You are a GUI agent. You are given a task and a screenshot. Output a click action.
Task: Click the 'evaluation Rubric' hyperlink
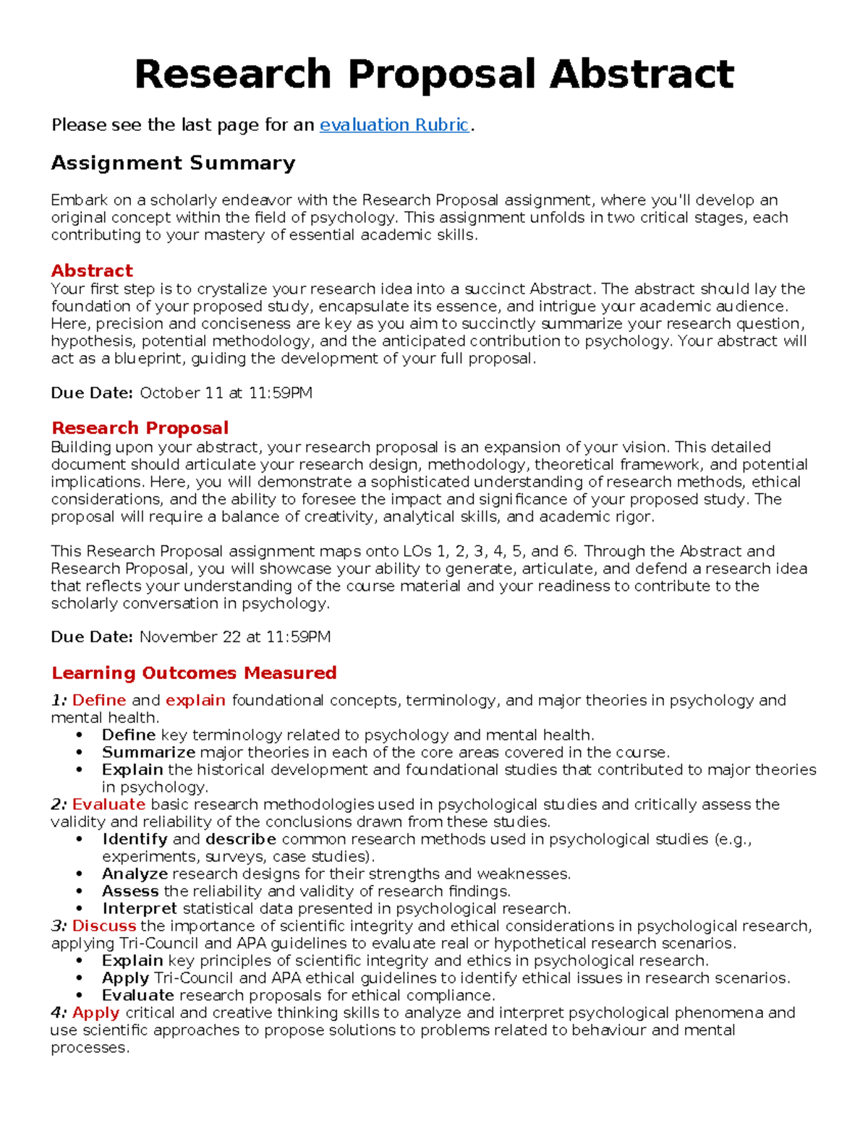pyautogui.click(x=394, y=125)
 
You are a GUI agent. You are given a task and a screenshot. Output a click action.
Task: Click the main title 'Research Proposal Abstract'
pyautogui.click(x=434, y=74)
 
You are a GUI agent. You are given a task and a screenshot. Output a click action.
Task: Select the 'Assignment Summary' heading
pyautogui.click(x=173, y=163)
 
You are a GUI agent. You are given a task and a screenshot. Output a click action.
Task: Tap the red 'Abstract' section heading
pyautogui.click(x=92, y=271)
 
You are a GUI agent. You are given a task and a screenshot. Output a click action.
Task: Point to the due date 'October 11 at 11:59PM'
pyautogui.click(x=226, y=393)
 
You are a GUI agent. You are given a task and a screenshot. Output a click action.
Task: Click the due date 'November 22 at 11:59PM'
pyautogui.click(x=234, y=637)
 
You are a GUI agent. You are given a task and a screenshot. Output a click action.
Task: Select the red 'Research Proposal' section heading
pyautogui.click(x=140, y=428)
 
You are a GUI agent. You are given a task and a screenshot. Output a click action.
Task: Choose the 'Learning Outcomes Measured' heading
pyautogui.click(x=194, y=673)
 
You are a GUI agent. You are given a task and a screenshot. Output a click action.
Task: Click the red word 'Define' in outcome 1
pyautogui.click(x=99, y=701)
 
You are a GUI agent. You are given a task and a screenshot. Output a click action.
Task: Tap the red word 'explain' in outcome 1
pyautogui.click(x=195, y=701)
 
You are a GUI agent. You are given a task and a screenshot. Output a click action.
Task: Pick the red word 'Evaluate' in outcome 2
pyautogui.click(x=109, y=805)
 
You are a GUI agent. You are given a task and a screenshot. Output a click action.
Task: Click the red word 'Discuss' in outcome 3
pyautogui.click(x=104, y=926)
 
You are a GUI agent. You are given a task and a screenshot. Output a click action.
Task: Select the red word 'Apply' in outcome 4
pyautogui.click(x=95, y=1013)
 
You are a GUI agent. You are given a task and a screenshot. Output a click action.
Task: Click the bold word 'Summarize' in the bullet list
pyautogui.click(x=148, y=753)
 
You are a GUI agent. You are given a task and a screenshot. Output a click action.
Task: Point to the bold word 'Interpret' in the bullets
pyautogui.click(x=139, y=909)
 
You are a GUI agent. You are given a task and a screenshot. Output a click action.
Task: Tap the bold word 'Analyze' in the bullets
pyautogui.click(x=136, y=874)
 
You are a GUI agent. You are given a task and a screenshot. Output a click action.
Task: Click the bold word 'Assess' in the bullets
pyautogui.click(x=130, y=892)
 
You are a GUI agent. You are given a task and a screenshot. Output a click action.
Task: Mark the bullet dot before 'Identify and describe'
pyautogui.click(x=79, y=840)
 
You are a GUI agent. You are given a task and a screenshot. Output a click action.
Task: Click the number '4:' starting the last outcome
pyautogui.click(x=59, y=1013)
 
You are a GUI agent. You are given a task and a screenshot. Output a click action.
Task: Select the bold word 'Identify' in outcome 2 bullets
pyautogui.click(x=135, y=840)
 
